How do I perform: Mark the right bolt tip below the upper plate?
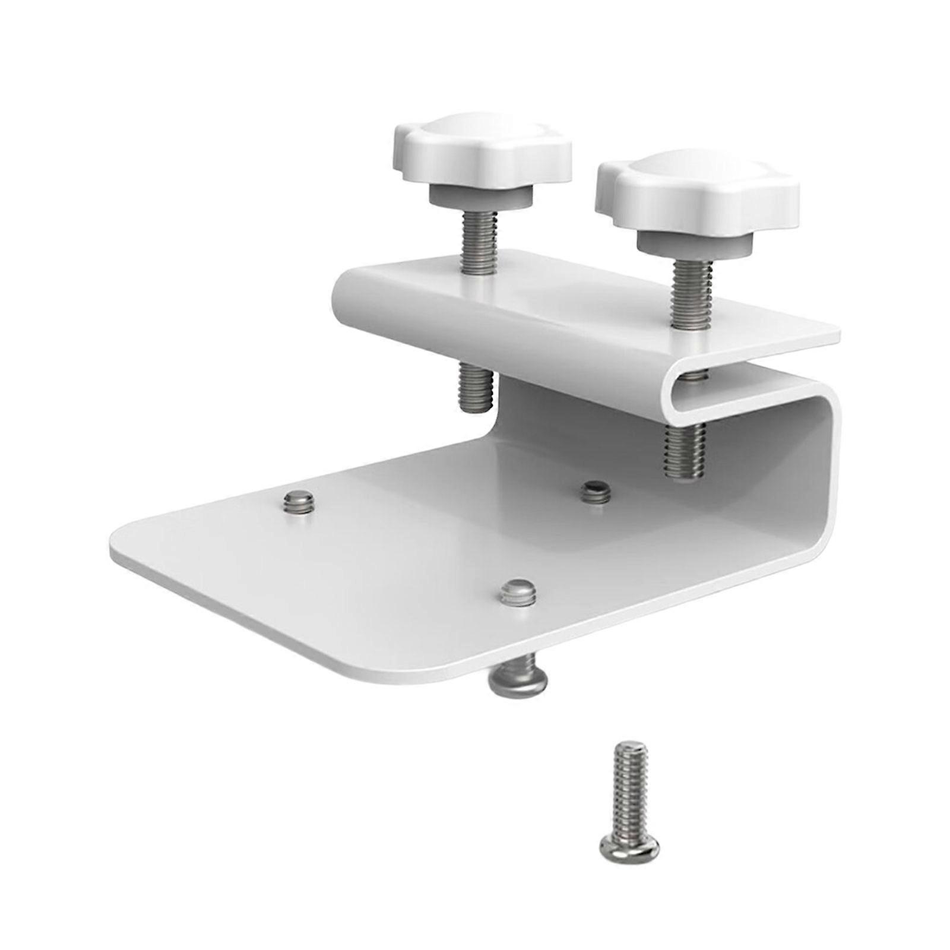pos(685,451)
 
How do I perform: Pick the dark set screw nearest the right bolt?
pos(596,491)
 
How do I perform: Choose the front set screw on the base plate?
pos(518,593)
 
